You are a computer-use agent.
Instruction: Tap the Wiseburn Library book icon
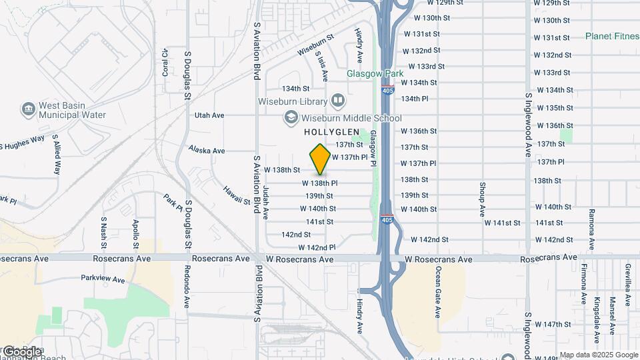click(339, 101)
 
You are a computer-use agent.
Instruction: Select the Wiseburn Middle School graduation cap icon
click(291, 118)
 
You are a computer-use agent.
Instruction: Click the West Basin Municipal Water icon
click(28, 109)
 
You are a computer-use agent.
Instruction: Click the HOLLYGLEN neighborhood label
click(332, 132)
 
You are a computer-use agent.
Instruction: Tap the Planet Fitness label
click(612, 36)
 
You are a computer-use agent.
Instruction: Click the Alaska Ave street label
click(206, 150)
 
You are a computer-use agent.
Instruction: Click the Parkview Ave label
click(103, 279)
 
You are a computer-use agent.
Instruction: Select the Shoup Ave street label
click(482, 199)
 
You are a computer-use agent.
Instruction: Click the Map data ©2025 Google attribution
click(598, 355)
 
